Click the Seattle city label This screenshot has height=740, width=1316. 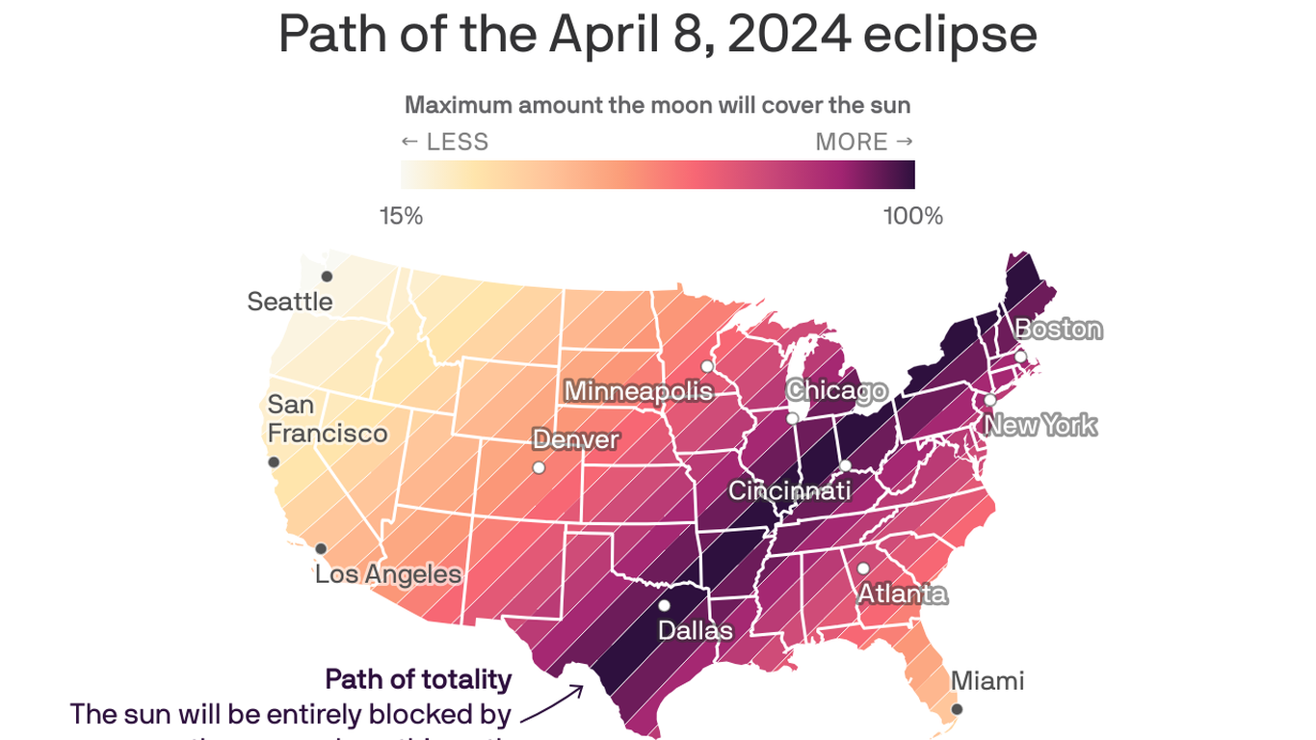[289, 302]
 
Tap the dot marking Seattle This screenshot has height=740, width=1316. [327, 277]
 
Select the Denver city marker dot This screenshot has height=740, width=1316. [539, 467]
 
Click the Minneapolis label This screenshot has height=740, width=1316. [638, 391]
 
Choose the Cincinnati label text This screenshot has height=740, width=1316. [789, 490]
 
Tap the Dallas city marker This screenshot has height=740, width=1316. [664, 606]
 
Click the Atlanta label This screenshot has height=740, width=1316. [902, 594]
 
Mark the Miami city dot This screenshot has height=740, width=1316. [957, 709]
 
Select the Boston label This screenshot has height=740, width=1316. [1059, 330]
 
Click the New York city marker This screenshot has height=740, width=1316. [989, 400]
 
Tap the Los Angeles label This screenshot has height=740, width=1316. [388, 574]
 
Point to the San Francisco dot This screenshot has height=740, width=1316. [274, 462]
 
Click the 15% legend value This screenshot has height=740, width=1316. [401, 216]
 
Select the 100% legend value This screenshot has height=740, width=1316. [912, 216]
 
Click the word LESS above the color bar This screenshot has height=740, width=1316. [457, 143]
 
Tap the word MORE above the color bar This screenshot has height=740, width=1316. [852, 143]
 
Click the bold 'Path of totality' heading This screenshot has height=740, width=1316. [418, 679]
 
